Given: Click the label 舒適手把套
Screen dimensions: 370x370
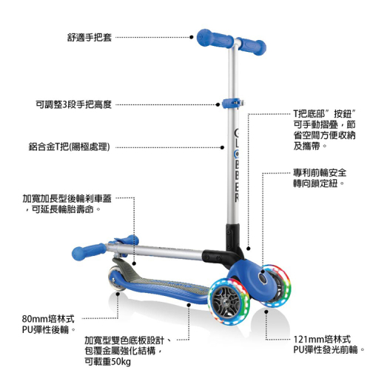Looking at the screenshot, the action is coord(90,38).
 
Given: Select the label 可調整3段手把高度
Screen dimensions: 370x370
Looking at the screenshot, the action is coord(74,104).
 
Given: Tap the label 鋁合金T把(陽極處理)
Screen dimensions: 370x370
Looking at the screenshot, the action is coord(70,147).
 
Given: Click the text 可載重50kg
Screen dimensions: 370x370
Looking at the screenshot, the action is coord(107,362).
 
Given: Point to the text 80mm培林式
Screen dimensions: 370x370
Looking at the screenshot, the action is coord(48,319).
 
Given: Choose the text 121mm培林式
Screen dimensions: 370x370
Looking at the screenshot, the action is coord(322,340).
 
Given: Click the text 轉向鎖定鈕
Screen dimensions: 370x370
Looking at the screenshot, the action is coord(315,184).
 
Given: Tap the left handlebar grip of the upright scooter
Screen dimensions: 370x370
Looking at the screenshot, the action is coord(215,39).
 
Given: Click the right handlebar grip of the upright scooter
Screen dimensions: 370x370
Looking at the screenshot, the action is coord(252,47).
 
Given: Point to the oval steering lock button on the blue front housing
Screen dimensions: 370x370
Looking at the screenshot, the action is coord(263,279).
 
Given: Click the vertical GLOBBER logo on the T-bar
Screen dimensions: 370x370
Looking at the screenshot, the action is coord(237,165).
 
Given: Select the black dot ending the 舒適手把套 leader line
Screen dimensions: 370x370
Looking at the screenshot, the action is coord(192,37).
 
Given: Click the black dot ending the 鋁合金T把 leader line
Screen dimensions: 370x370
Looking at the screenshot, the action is coord(222,147).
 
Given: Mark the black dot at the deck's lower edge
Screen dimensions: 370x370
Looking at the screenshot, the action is coord(189,305).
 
